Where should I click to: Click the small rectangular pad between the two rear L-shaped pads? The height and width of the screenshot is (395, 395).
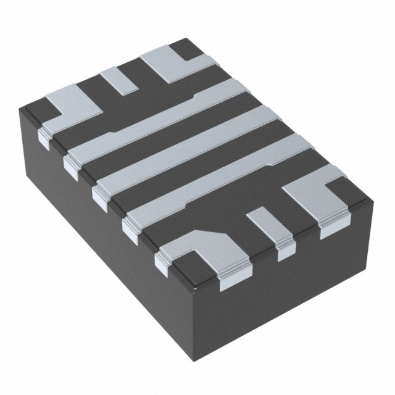[120, 81]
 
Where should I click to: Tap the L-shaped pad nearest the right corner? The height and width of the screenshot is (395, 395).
[315, 194]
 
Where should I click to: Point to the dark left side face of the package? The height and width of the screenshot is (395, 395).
[93, 235]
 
